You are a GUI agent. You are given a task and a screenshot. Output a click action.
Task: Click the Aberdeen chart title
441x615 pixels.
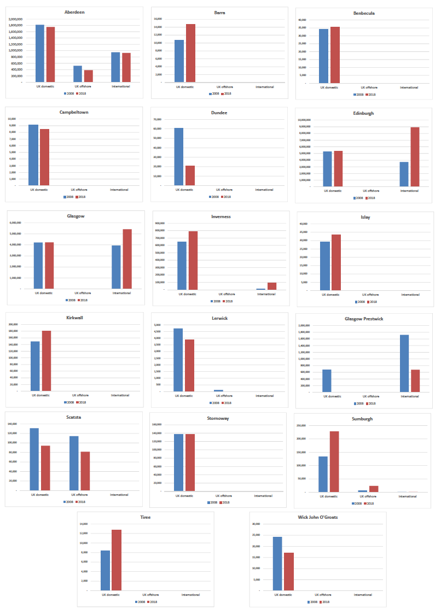pos(74,11)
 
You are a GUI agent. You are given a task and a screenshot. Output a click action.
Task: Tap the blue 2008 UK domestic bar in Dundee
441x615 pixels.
pos(179,157)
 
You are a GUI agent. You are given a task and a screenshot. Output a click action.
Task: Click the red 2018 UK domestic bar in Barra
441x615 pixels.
pos(190,53)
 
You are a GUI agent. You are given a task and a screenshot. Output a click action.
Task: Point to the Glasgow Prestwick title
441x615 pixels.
pos(364,319)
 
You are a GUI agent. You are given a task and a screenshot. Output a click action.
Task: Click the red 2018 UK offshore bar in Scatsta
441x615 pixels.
pos(85,471)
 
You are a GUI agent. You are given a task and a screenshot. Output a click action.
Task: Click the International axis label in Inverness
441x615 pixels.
pos(266,294)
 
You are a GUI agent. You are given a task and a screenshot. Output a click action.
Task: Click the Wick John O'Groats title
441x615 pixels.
pos(318,517)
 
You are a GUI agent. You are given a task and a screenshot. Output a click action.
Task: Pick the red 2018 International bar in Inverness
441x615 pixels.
pos(272,286)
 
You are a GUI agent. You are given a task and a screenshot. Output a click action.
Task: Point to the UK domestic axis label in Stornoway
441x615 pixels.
pos(184,496)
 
